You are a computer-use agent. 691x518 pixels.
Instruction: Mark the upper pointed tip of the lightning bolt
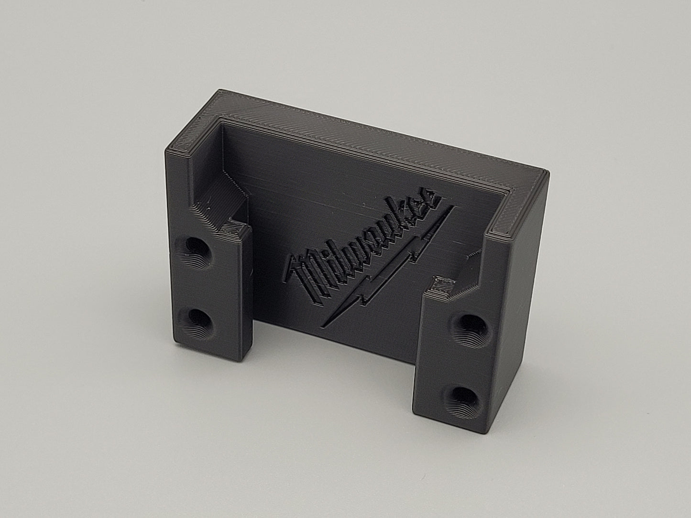pos(454,206)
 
